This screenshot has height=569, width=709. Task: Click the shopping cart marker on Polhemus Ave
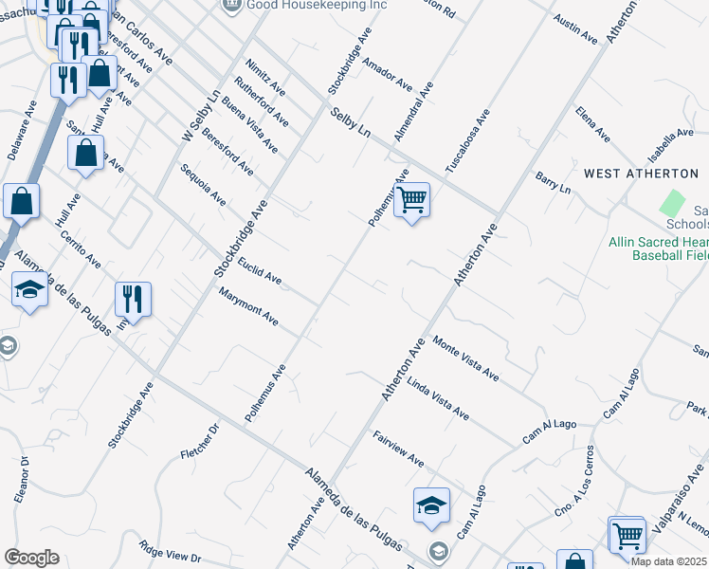coord(411,201)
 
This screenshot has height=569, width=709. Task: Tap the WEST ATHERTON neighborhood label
coord(641,174)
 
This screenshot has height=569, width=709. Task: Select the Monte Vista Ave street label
coord(465,358)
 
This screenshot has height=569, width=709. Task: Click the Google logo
coord(31,558)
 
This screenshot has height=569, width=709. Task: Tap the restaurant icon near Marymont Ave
coord(133,301)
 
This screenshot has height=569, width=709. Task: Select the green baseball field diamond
coord(672,202)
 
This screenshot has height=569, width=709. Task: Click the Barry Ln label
coord(553,182)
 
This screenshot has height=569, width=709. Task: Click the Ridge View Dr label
coord(170,550)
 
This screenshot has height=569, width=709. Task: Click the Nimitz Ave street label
coord(264,77)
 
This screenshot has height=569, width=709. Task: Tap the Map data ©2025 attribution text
coord(669,561)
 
